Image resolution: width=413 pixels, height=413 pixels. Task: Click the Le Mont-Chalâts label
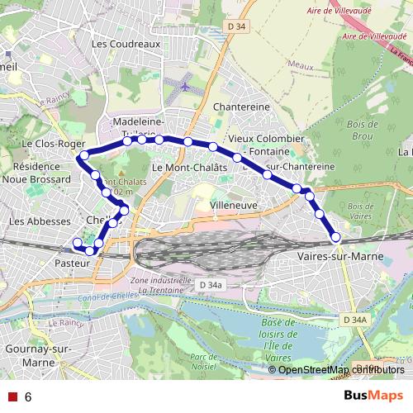(189, 168)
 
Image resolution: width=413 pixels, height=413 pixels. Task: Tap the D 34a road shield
(211, 285)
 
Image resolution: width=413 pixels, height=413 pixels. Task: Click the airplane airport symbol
(183, 83)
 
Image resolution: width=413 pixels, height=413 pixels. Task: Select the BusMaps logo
(373, 396)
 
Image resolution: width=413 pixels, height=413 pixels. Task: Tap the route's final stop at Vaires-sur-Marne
(336, 237)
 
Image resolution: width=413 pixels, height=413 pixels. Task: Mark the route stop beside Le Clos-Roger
(83, 155)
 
